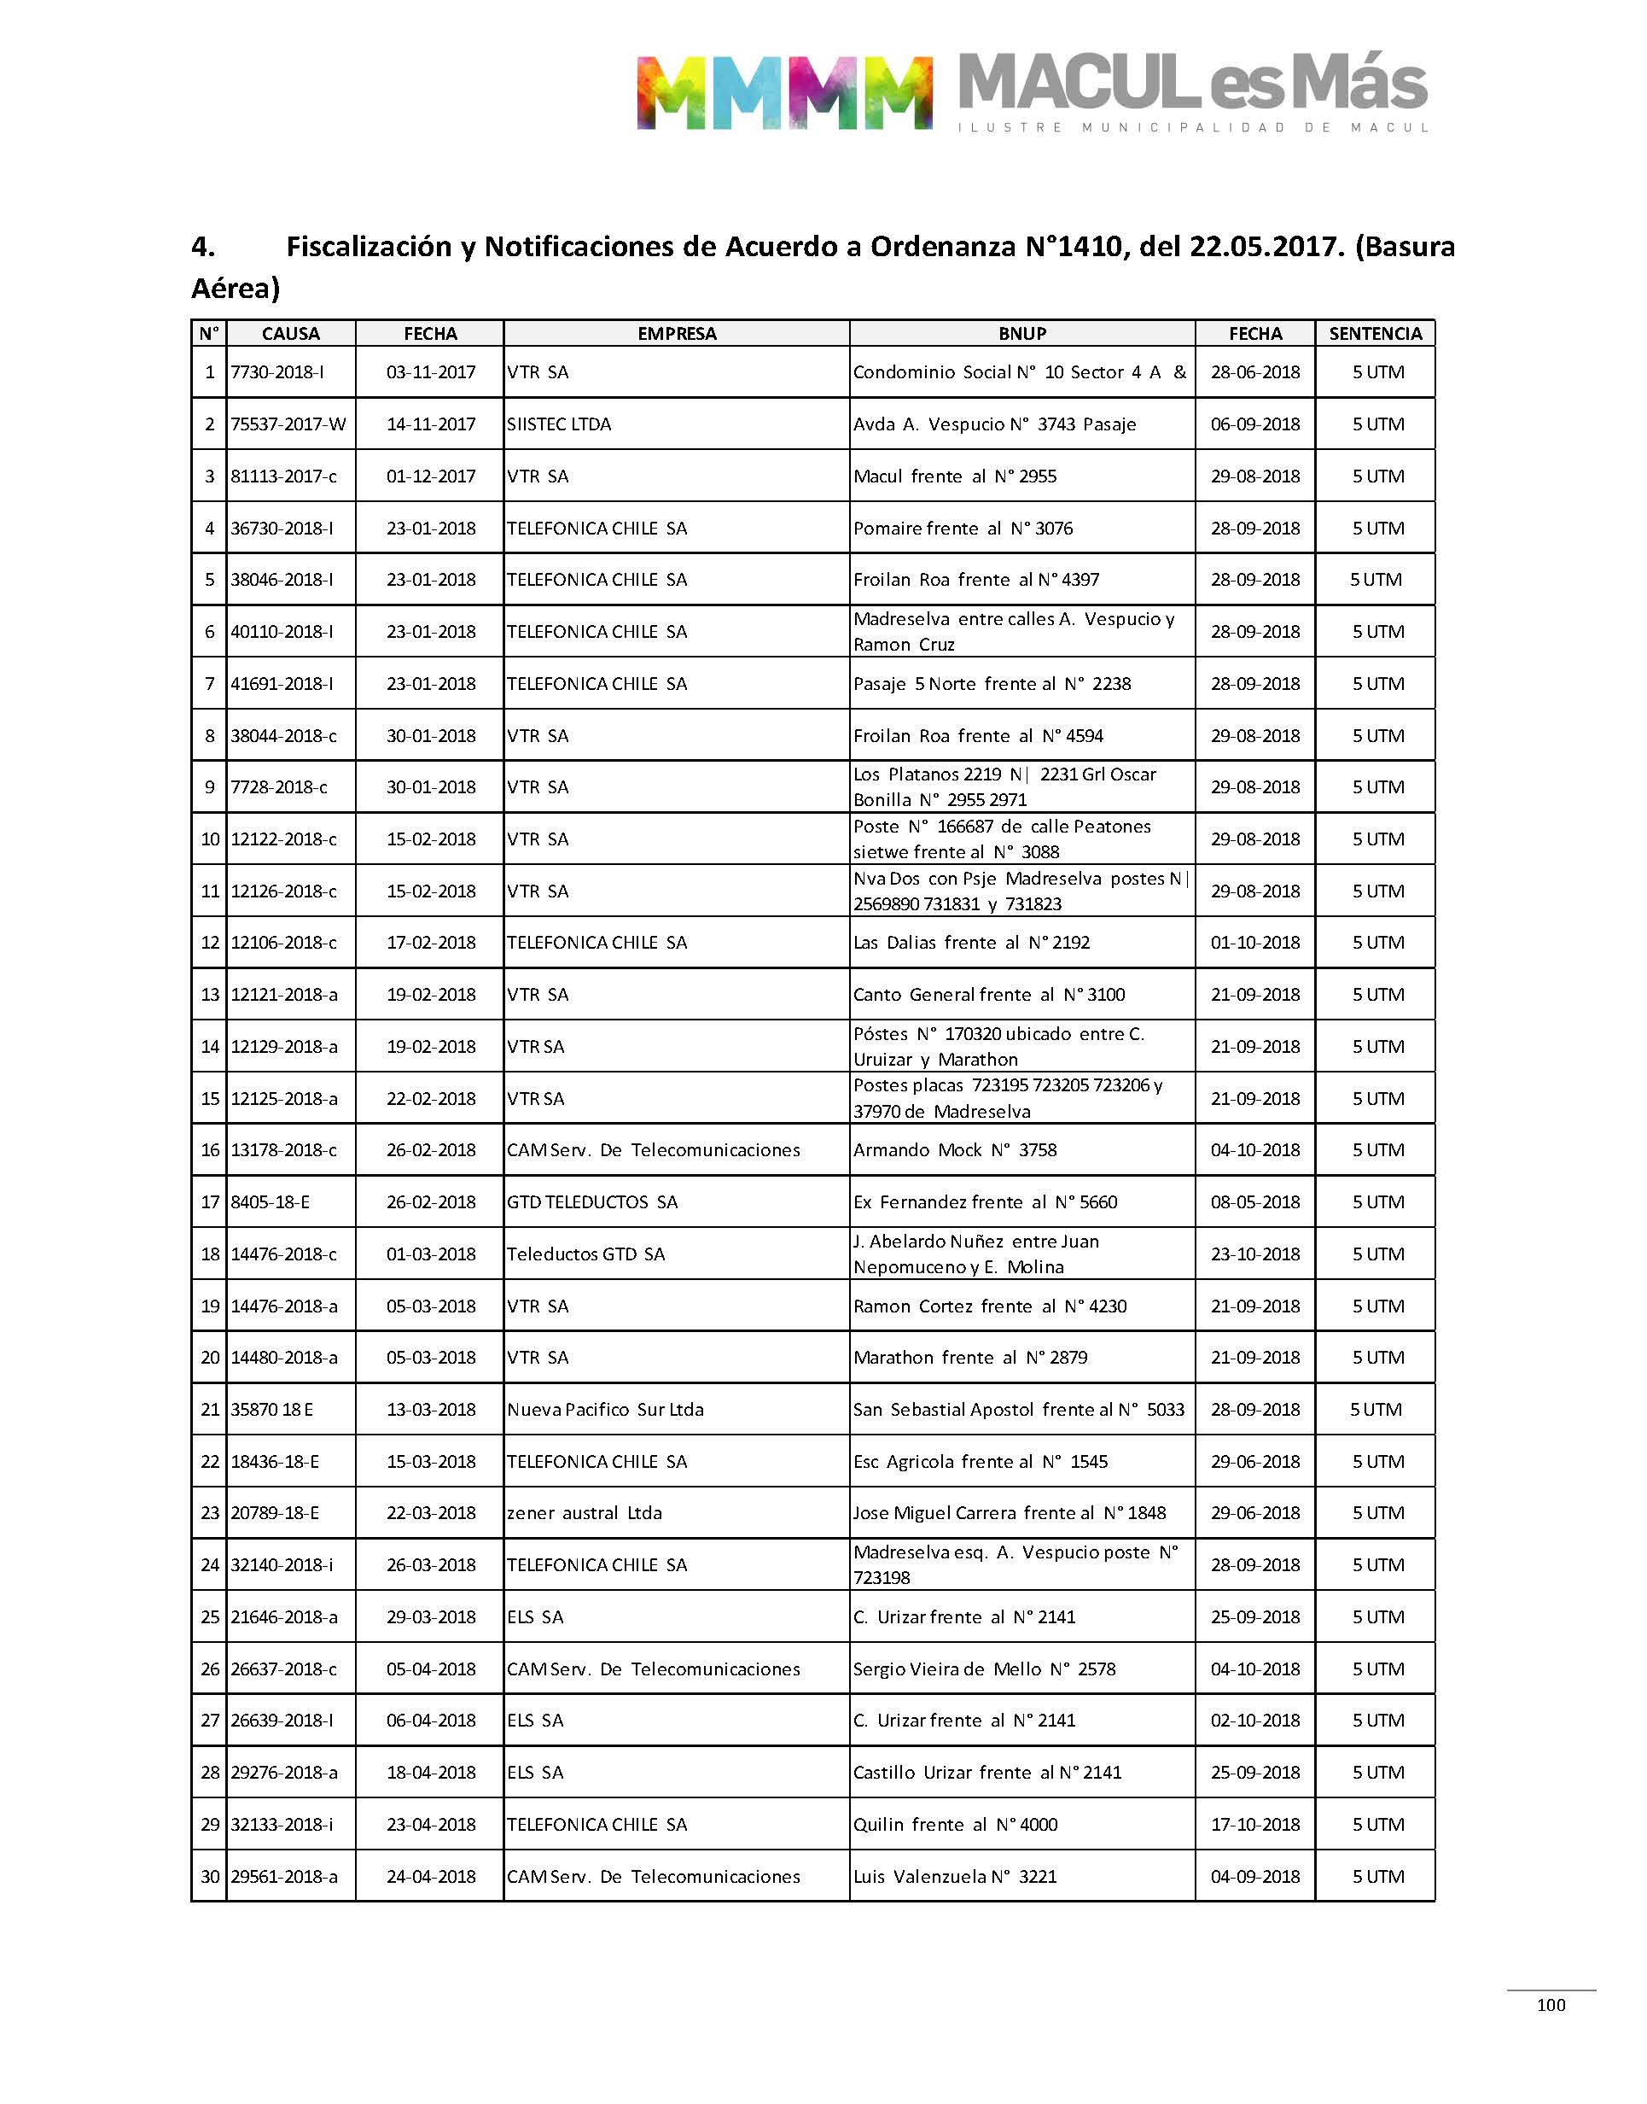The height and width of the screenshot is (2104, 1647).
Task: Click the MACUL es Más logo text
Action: (x=1192, y=84)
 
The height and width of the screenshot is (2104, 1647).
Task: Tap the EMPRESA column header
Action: (x=676, y=334)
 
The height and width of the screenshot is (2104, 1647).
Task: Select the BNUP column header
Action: (x=1021, y=334)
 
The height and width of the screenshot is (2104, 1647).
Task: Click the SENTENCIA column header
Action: (x=1374, y=334)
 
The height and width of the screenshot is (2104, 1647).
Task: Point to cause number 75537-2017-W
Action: (x=288, y=424)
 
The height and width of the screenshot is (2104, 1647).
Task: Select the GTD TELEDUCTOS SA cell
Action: (x=592, y=1202)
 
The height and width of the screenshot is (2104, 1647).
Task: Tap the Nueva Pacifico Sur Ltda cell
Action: (x=606, y=1410)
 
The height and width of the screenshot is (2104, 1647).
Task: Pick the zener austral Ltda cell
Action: (x=585, y=1512)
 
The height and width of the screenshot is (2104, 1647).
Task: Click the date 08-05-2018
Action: (x=1254, y=1202)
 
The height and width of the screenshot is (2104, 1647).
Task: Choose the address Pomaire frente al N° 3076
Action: (x=963, y=529)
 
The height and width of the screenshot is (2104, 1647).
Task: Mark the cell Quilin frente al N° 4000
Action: (x=955, y=1824)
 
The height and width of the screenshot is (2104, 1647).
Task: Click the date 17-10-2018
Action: (x=1254, y=1824)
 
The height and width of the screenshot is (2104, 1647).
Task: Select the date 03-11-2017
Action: (x=430, y=372)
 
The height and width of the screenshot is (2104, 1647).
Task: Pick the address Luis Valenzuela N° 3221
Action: (x=955, y=1876)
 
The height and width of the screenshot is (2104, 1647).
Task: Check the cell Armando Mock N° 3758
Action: (x=955, y=1150)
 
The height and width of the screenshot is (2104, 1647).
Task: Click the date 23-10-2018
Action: (x=1254, y=1254)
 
